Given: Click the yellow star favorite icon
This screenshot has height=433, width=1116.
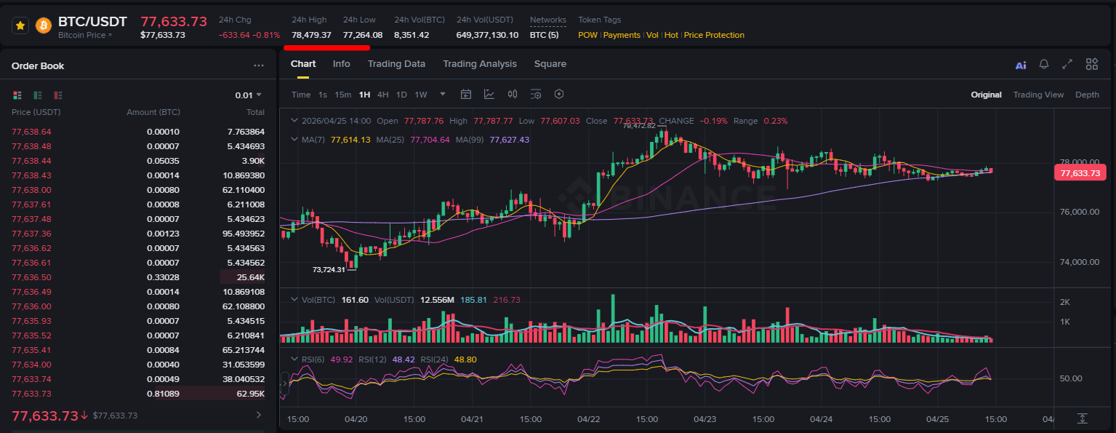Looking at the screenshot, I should tap(20, 25).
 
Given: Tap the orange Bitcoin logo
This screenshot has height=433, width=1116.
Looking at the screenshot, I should tap(43, 25).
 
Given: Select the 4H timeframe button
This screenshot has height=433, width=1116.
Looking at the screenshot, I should tap(382, 95).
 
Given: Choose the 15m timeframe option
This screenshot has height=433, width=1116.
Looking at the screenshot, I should tap(342, 95).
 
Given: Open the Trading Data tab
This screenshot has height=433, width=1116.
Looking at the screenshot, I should tap(396, 64).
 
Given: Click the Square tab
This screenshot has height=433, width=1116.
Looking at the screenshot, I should tap(550, 64).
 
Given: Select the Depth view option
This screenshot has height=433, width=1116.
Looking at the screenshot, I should tap(1087, 95).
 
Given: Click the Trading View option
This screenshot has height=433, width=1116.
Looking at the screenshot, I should tap(1038, 95).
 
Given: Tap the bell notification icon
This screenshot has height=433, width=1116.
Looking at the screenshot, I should tap(1044, 64).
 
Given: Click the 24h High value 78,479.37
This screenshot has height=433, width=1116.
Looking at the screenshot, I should tap(311, 35).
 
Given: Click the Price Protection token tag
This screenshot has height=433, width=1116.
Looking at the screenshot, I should tap(714, 35).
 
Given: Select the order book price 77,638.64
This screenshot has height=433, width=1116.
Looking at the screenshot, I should tap(31, 132).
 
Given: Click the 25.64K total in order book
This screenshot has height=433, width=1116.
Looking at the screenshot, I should tap(251, 277).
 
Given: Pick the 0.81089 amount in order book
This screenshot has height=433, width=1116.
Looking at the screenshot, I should tap(163, 394).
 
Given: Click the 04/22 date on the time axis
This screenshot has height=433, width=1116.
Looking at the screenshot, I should tap(588, 419).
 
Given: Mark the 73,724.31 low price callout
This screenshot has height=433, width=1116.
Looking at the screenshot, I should tap(329, 269).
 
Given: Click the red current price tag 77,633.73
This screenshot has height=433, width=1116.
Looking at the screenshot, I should tap(1080, 173).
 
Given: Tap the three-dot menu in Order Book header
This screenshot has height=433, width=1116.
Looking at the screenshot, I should tap(258, 65).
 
